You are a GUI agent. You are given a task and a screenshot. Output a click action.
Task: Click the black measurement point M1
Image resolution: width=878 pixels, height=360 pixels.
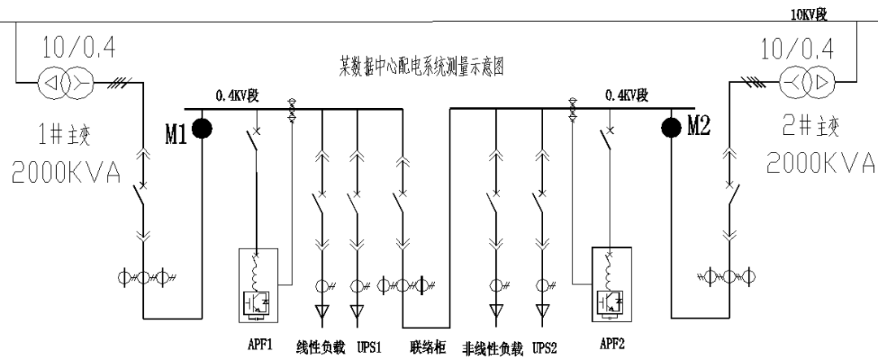201,128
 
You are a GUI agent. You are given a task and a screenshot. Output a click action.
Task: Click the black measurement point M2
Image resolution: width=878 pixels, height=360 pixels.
672,128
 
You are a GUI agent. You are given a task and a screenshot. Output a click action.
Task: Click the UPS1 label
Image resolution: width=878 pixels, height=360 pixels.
361,344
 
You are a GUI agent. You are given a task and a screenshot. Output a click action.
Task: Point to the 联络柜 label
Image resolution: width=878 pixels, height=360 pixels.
425,344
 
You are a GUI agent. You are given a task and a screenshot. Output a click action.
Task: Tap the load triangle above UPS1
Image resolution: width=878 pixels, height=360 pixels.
356,310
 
